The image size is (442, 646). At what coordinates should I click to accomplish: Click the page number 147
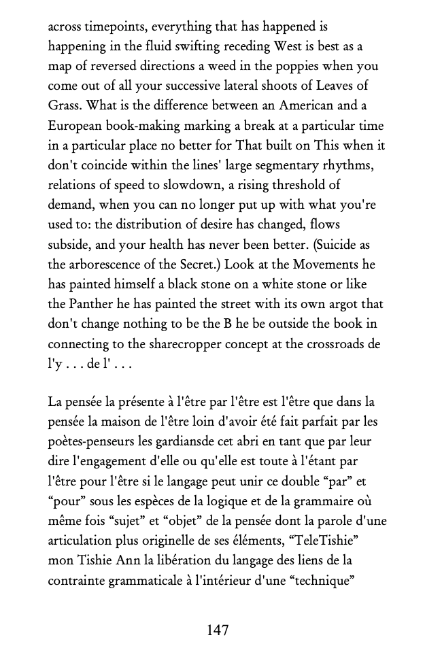click(218, 630)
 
